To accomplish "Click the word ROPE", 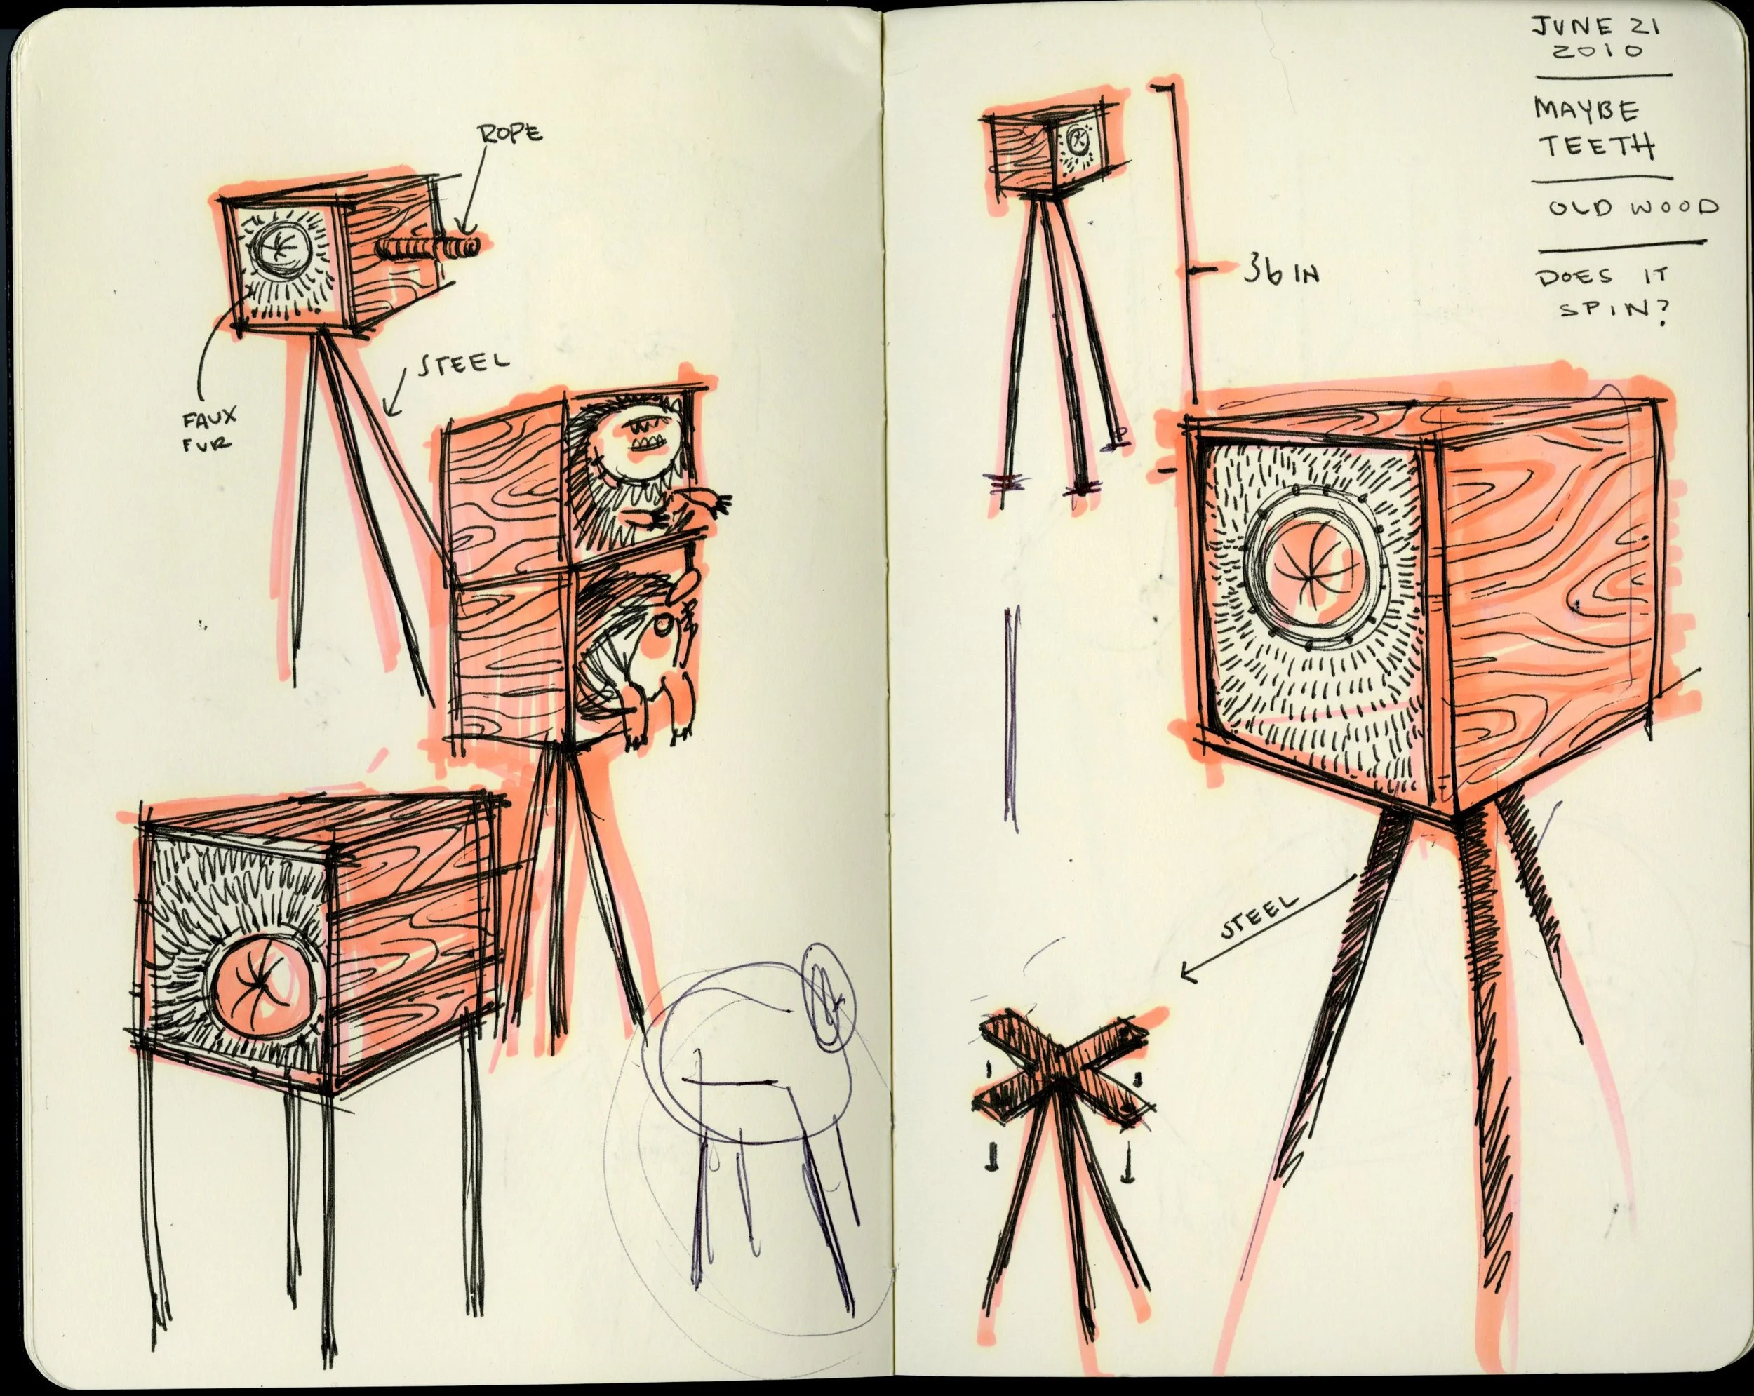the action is pyautogui.click(x=511, y=133).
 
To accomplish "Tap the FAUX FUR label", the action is pyautogui.click(x=209, y=429).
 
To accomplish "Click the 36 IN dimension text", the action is pyautogui.click(x=1280, y=272).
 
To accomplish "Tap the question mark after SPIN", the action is pyautogui.click(x=1656, y=311).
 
